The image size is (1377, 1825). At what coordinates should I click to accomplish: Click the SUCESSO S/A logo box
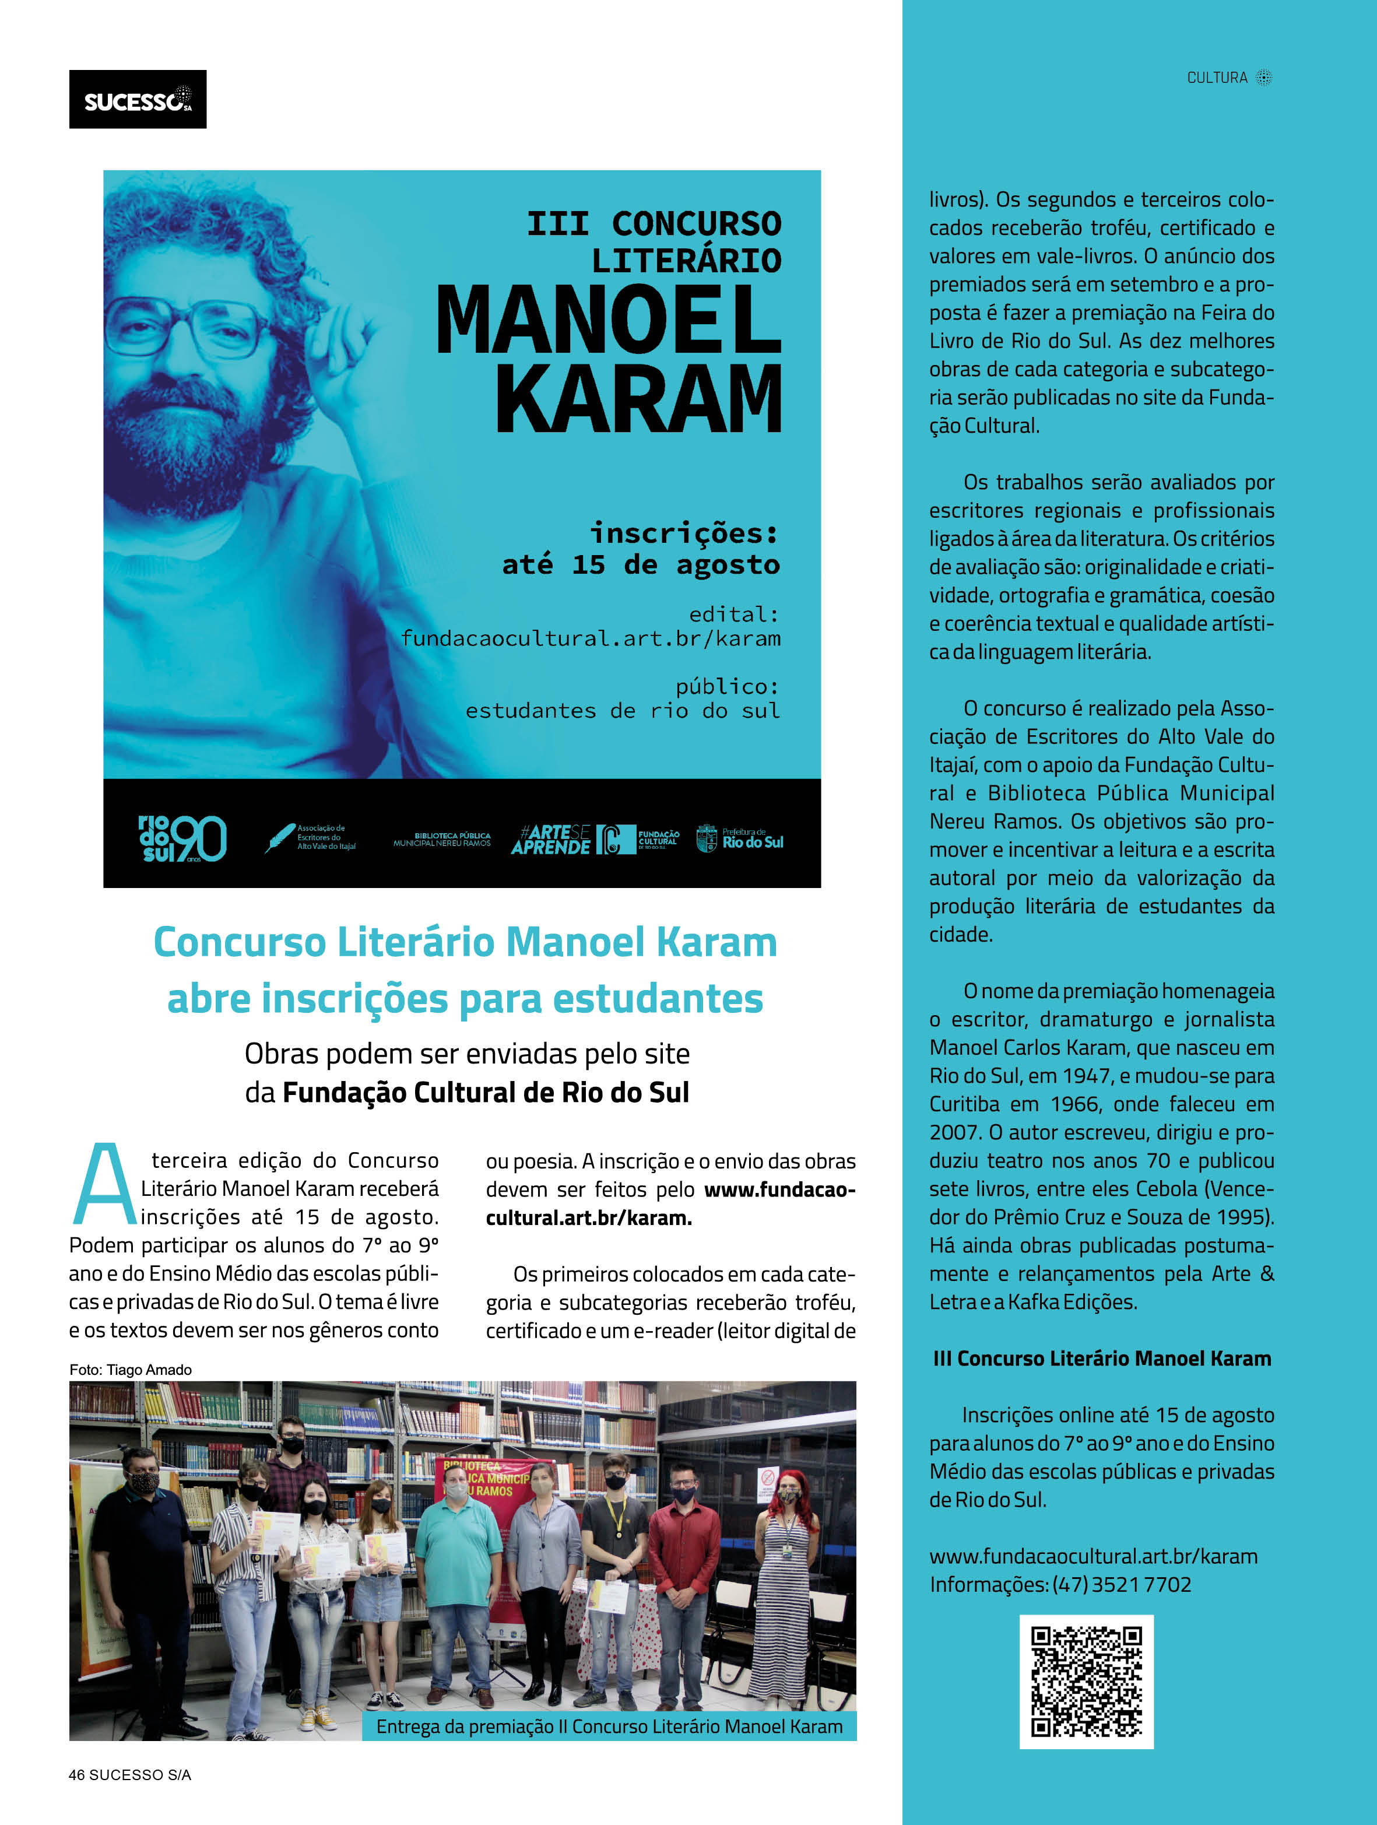coord(137,99)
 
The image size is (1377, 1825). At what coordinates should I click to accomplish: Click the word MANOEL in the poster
coord(608,321)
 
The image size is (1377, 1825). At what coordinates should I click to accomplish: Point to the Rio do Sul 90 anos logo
coord(181,838)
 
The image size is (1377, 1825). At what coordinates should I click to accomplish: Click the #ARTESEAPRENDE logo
coord(550,839)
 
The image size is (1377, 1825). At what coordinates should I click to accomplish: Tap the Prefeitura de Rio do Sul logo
coord(739,838)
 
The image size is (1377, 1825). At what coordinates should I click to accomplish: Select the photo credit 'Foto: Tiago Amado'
coord(131,1370)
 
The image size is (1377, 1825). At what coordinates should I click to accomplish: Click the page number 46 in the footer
coord(77,1775)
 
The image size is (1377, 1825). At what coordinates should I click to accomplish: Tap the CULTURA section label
coord(1217,78)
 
